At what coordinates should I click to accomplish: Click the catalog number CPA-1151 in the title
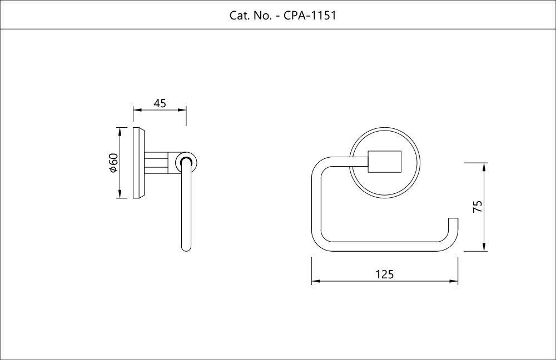click(310, 15)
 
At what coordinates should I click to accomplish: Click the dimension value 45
click(160, 103)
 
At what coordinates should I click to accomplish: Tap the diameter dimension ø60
click(113, 162)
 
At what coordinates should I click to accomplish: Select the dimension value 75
click(477, 207)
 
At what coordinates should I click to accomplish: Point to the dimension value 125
click(384, 274)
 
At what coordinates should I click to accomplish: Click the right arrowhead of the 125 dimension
click(455, 282)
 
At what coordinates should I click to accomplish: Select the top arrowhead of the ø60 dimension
click(119, 131)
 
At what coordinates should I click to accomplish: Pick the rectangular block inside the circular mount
click(384, 162)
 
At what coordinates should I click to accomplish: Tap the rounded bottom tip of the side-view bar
click(186, 247)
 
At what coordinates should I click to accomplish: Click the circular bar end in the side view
click(186, 162)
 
